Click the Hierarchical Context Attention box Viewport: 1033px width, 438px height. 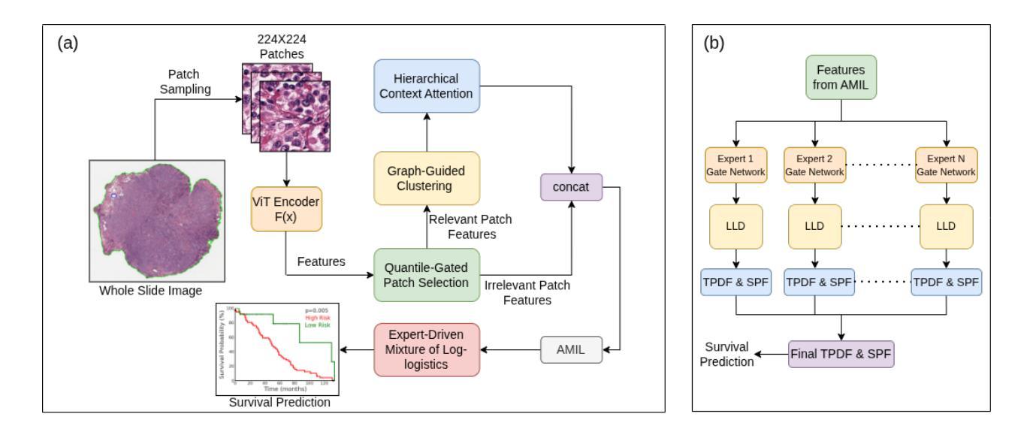(x=427, y=86)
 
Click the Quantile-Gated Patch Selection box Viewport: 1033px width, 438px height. (x=427, y=275)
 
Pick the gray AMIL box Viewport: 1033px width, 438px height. (x=571, y=350)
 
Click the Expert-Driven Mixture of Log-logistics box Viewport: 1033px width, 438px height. (x=427, y=350)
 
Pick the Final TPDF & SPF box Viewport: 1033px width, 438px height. (x=842, y=353)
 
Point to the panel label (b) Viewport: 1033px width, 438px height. (x=714, y=44)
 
